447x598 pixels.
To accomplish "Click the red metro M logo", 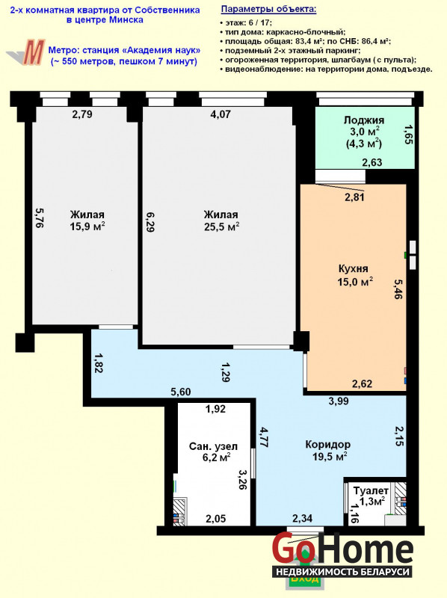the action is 33,52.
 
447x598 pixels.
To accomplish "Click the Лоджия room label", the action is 364,120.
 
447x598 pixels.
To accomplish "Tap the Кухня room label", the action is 353,268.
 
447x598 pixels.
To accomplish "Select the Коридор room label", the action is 328,444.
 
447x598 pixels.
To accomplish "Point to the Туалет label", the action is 371,490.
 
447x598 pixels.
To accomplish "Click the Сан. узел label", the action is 214,446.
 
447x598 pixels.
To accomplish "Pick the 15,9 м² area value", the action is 87,227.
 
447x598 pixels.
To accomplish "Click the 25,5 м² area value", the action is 221,227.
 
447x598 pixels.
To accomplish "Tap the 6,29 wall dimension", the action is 150,222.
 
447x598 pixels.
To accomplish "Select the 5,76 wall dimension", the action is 39,218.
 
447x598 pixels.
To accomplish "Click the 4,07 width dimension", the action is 221,114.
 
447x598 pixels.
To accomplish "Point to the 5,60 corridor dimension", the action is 181,392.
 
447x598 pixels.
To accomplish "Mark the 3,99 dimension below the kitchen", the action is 339,401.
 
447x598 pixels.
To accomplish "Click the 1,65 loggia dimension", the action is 408,135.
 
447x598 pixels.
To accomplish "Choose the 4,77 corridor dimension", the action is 264,437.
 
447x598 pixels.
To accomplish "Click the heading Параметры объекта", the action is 268,9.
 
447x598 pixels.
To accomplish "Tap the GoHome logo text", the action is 342,550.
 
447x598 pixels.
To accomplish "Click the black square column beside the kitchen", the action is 301,341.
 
